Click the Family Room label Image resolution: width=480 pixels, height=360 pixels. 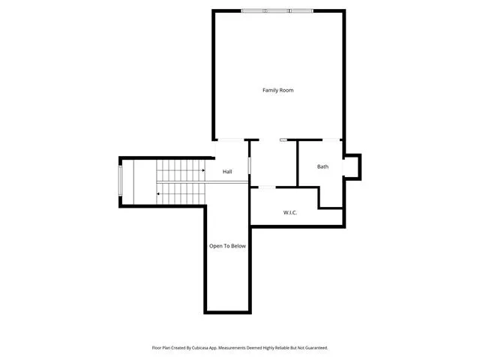tap(278, 90)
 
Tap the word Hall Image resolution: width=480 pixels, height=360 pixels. tap(227, 172)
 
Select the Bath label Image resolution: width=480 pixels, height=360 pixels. tap(322, 166)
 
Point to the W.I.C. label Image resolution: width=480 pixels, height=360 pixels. tap(290, 212)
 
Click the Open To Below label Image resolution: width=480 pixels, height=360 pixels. tap(227, 246)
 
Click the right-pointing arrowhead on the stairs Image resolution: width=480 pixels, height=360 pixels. tap(203, 170)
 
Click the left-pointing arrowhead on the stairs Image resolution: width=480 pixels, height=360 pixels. tap(158, 193)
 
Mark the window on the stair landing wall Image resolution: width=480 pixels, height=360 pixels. tap(120, 181)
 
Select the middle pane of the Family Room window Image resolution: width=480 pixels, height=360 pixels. tap(277, 11)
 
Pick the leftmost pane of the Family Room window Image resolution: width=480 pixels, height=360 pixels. tap(253, 11)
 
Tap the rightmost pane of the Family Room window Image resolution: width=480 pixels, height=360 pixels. tap(301, 11)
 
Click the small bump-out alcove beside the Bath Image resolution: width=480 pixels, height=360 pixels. tap(352, 167)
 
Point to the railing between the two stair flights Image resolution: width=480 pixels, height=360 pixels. tap(202, 182)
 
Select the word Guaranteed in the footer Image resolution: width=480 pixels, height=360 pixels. tap(317, 348)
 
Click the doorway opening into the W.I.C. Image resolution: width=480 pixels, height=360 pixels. tap(267, 187)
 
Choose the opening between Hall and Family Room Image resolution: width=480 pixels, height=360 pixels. tap(230, 140)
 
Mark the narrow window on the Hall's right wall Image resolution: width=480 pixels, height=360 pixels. tap(249, 166)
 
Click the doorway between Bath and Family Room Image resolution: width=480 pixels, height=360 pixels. tap(331, 140)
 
